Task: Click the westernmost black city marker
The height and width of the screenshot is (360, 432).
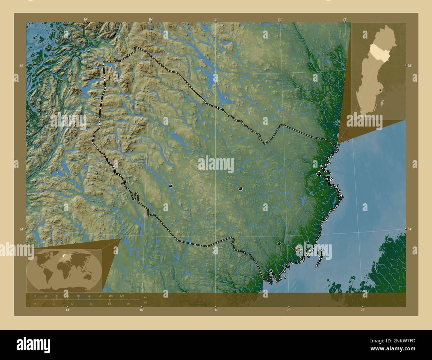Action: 170,186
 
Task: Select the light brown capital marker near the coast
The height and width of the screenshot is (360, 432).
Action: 297,249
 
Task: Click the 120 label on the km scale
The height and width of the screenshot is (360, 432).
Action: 122,296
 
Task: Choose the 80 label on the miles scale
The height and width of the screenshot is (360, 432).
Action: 128,304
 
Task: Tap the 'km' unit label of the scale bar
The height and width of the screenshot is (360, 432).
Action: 145,297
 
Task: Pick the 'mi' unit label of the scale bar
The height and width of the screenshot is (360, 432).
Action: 145,303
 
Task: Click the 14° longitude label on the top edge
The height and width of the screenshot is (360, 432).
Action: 86,20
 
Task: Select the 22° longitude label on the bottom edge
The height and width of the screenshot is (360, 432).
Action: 363,310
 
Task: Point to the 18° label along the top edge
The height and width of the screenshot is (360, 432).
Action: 215,20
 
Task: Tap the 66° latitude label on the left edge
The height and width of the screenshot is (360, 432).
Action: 22,66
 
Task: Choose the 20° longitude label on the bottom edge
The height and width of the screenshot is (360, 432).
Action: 289,310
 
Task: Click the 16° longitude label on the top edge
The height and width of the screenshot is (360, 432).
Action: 151,20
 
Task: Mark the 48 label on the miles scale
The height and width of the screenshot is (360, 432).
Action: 90,304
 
